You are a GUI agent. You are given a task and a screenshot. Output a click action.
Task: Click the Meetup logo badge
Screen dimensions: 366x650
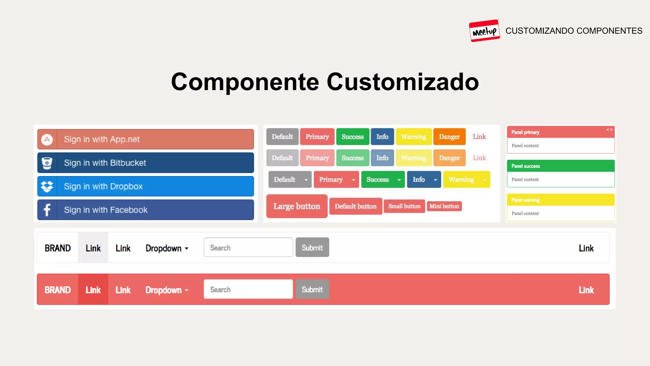coord(484,31)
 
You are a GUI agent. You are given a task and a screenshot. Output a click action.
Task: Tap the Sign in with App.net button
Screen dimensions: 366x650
coord(146,139)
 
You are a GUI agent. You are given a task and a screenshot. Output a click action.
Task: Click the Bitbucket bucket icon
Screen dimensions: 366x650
coord(47,163)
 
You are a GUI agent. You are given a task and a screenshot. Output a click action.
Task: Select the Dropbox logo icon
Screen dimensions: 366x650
coord(47,186)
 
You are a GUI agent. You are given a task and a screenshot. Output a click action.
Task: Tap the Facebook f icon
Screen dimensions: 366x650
coord(47,210)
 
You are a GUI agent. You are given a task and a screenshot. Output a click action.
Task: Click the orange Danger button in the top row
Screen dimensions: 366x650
coord(449,137)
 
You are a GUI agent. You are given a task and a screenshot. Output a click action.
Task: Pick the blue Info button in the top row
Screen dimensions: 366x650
coord(382,137)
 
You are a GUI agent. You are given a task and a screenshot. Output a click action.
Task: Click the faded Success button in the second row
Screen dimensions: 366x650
coord(352,158)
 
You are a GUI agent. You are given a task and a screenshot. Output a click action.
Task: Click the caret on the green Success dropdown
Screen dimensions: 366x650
coord(399,180)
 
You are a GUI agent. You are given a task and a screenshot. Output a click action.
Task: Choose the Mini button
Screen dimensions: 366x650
coord(444,206)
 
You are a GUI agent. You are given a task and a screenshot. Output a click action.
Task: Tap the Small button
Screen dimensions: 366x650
coord(404,206)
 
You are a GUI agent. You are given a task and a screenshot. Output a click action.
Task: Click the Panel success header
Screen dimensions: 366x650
coord(560,166)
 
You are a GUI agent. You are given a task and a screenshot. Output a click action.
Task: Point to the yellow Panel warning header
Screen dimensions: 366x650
coord(560,200)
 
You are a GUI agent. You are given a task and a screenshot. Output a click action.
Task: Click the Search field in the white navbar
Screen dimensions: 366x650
coord(248,247)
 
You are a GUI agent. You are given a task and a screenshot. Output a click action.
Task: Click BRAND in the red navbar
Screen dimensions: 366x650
coord(57,290)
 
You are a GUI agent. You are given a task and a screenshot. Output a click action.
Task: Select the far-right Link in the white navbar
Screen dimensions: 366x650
coord(586,248)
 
